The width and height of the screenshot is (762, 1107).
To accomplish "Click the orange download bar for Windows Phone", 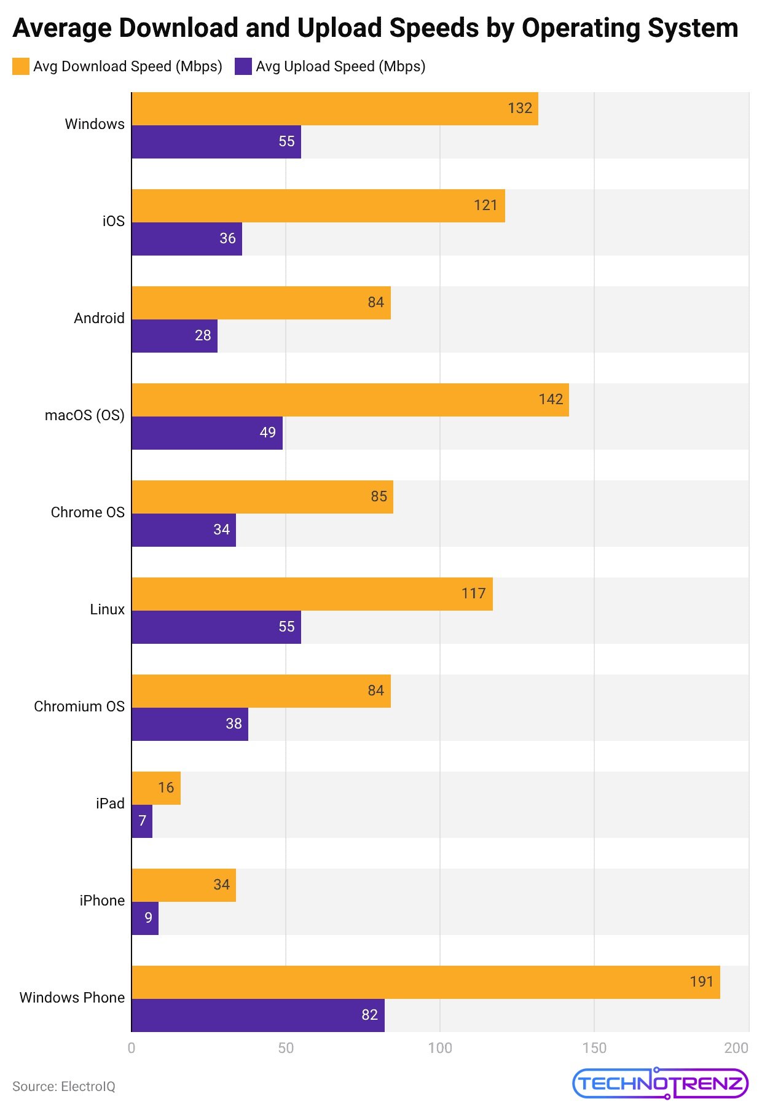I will (425, 982).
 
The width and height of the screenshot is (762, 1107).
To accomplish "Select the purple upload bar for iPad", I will (142, 821).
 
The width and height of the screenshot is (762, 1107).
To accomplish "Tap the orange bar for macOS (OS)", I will (350, 400).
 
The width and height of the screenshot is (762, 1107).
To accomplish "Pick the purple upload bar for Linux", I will (216, 627).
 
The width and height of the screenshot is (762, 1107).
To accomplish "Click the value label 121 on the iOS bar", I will (485, 205).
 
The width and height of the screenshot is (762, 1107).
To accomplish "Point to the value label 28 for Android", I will (203, 335).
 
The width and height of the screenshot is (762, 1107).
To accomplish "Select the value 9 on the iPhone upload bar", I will (148, 918).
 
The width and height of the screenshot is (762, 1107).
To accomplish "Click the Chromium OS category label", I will (79, 706).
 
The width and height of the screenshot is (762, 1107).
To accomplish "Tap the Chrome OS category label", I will (87, 512).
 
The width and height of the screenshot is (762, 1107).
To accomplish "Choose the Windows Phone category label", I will (72, 998).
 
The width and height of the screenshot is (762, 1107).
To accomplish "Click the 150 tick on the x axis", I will (594, 1048).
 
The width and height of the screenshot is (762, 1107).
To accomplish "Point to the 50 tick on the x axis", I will (286, 1048).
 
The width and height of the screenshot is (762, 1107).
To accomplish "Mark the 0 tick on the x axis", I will (132, 1048).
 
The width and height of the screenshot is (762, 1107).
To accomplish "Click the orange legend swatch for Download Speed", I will (21, 66).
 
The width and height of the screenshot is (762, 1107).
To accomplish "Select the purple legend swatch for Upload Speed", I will (243, 66).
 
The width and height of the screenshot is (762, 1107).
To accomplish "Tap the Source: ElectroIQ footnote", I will (64, 1086).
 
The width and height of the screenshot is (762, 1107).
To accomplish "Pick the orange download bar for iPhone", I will (183, 885).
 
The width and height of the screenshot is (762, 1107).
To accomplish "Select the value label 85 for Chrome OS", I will (379, 496).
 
